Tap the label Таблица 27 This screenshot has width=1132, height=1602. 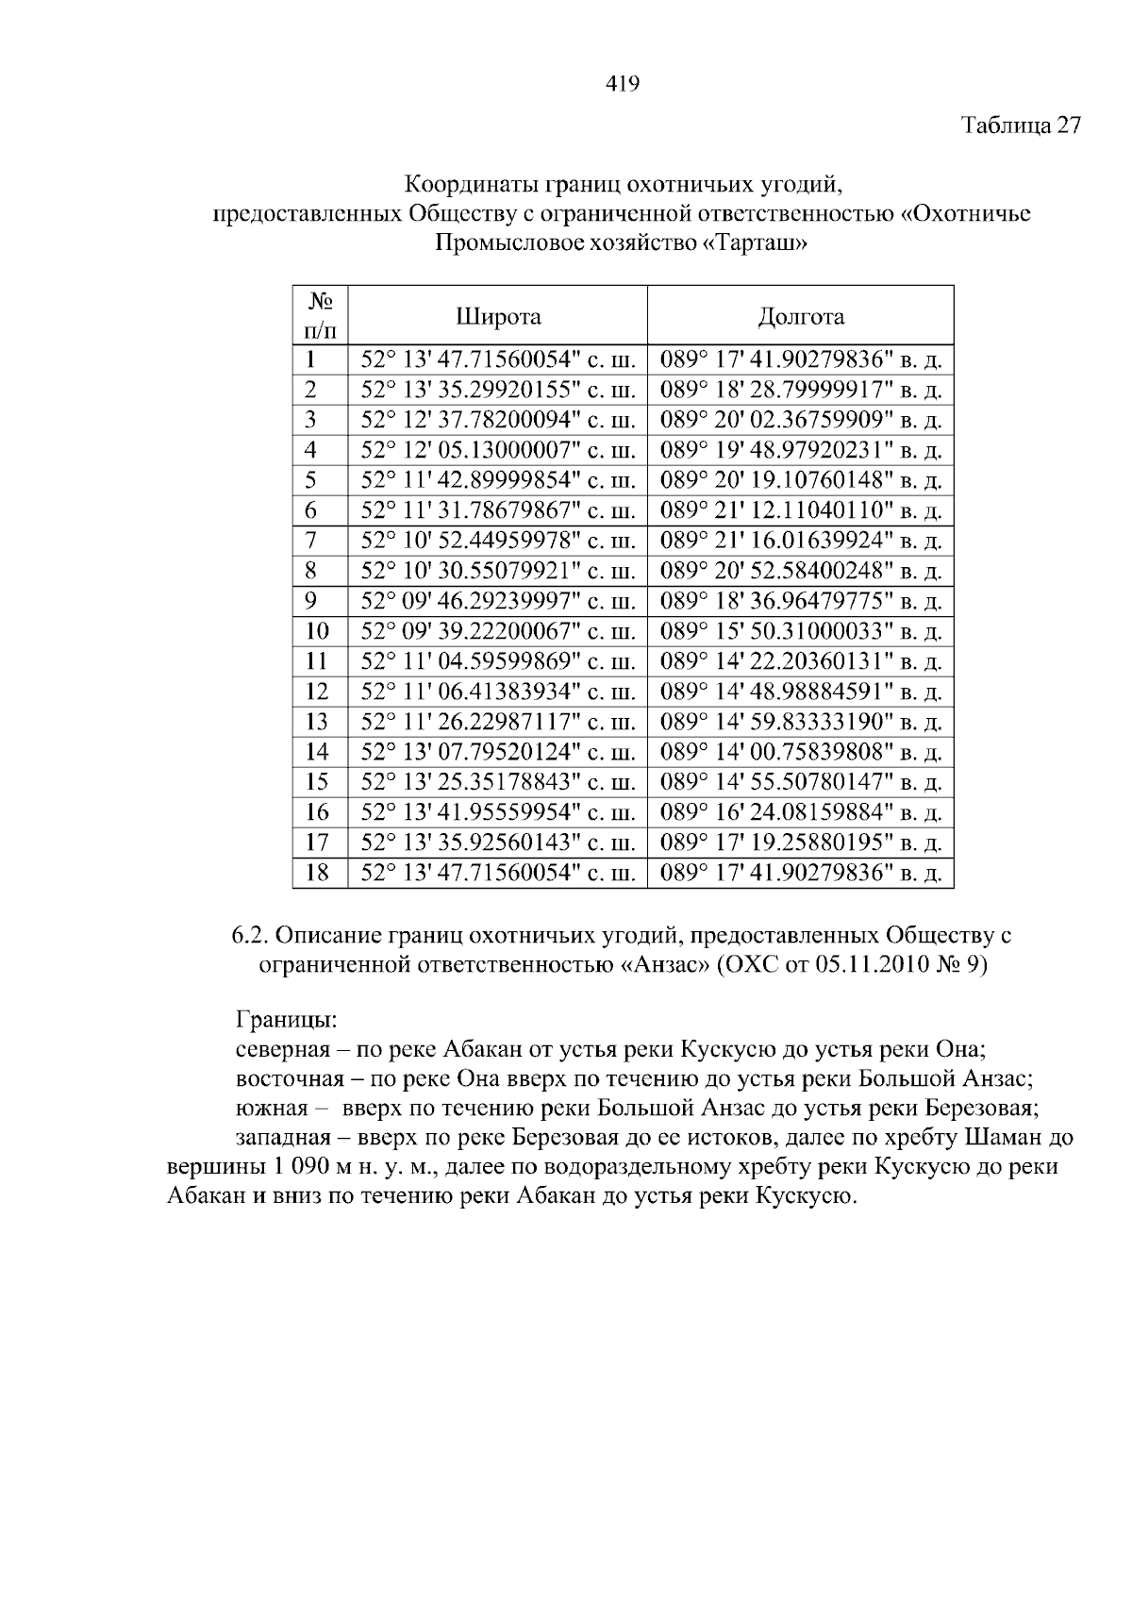coord(1021,125)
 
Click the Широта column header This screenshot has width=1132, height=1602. coord(498,316)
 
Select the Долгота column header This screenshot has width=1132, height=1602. coord(800,316)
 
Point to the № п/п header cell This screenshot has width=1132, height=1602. coord(320,316)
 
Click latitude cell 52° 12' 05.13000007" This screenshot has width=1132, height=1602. coord(498,450)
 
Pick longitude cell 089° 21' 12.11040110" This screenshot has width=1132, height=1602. coord(800,510)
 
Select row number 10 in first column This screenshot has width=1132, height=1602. coord(318,631)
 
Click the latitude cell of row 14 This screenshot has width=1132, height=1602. coord(498,752)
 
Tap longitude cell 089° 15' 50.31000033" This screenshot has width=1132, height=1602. coord(800,631)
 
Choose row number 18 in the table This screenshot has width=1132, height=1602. coord(318,873)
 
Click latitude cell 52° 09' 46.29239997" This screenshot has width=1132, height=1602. coord(498,601)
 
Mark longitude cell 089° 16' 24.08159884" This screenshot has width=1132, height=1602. coord(800,812)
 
